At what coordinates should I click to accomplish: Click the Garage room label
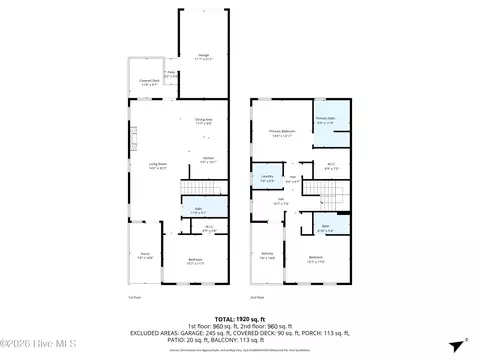coord(203,56)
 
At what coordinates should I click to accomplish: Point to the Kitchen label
coord(208,159)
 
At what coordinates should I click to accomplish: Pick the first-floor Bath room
coord(198,210)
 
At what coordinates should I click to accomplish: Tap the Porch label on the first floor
coord(145,256)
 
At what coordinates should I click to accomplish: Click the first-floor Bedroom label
coord(197,262)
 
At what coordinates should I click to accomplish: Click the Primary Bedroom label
coord(281,134)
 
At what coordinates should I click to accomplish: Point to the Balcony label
coord(267,256)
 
